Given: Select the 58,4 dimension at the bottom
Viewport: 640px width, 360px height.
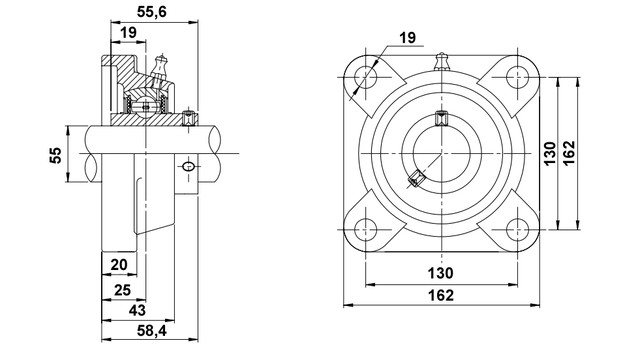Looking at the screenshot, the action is click(x=151, y=331).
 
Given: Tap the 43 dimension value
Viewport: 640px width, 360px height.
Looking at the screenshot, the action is click(x=137, y=310).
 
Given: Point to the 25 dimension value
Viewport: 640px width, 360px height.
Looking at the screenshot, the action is click(x=122, y=290).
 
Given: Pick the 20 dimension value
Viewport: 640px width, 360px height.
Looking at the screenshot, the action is click(x=119, y=265).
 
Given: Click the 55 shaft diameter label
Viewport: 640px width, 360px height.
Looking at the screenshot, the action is click(x=56, y=155).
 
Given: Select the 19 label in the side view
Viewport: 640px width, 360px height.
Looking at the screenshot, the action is click(x=128, y=32).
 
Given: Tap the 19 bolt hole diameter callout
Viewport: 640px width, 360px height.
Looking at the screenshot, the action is click(x=407, y=38).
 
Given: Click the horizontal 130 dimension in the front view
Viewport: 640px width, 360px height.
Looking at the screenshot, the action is click(x=440, y=273).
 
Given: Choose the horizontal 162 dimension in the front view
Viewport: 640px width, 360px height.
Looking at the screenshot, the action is click(x=441, y=295).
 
